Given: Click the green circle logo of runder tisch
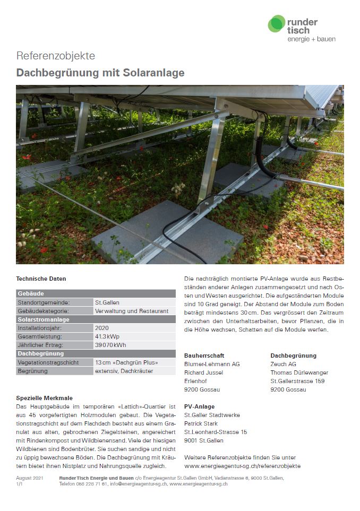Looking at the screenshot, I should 276,24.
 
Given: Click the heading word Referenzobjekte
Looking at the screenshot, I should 56,56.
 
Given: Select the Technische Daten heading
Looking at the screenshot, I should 41,279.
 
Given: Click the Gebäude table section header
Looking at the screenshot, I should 31,293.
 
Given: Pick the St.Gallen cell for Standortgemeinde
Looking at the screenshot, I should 107,302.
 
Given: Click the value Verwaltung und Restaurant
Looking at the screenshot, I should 132,311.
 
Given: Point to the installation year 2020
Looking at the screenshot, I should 101,328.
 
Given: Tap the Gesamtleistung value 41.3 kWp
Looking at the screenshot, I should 107,336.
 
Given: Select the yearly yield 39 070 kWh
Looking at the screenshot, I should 110,345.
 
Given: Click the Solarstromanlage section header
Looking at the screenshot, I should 44,319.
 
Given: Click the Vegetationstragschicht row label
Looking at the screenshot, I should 48,362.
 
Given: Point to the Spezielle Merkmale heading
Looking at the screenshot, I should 45,397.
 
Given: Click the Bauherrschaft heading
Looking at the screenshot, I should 204,356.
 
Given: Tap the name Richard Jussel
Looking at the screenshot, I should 203,373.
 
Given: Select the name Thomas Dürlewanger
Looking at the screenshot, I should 299,373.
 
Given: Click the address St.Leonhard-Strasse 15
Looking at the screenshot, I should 216,432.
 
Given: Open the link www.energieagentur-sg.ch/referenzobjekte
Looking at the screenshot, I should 242,466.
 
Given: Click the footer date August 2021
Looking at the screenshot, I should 30,478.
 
